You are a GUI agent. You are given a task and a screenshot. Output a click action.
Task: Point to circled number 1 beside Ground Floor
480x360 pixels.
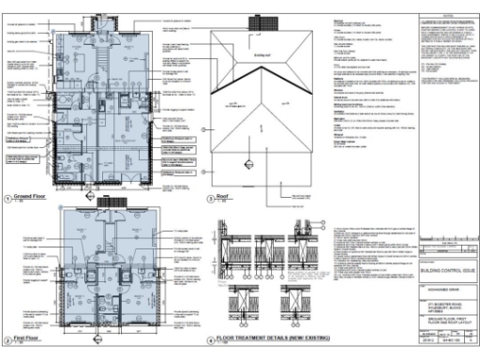click(7, 200)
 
